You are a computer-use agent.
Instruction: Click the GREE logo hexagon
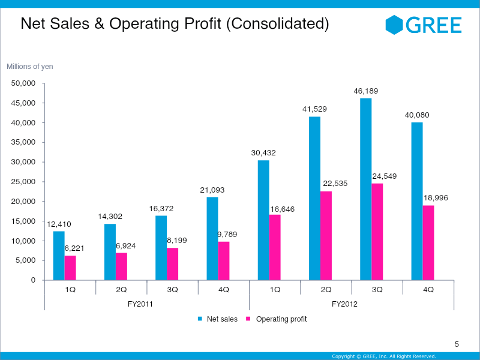click(394, 25)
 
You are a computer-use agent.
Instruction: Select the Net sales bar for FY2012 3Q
click(365, 189)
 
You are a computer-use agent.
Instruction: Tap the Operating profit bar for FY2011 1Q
click(70, 268)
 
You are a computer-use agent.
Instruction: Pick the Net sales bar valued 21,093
click(212, 238)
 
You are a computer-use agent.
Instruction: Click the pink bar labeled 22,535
click(326, 235)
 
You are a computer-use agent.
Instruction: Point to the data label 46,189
click(365, 91)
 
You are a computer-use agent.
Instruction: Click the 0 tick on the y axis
click(33, 280)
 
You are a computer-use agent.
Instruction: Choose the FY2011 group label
click(140, 304)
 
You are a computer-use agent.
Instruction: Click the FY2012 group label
click(344, 304)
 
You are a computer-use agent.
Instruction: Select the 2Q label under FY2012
click(326, 289)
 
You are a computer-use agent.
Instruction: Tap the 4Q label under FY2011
click(224, 289)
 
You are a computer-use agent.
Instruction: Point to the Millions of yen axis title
click(30, 67)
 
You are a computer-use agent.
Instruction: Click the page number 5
click(457, 344)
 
